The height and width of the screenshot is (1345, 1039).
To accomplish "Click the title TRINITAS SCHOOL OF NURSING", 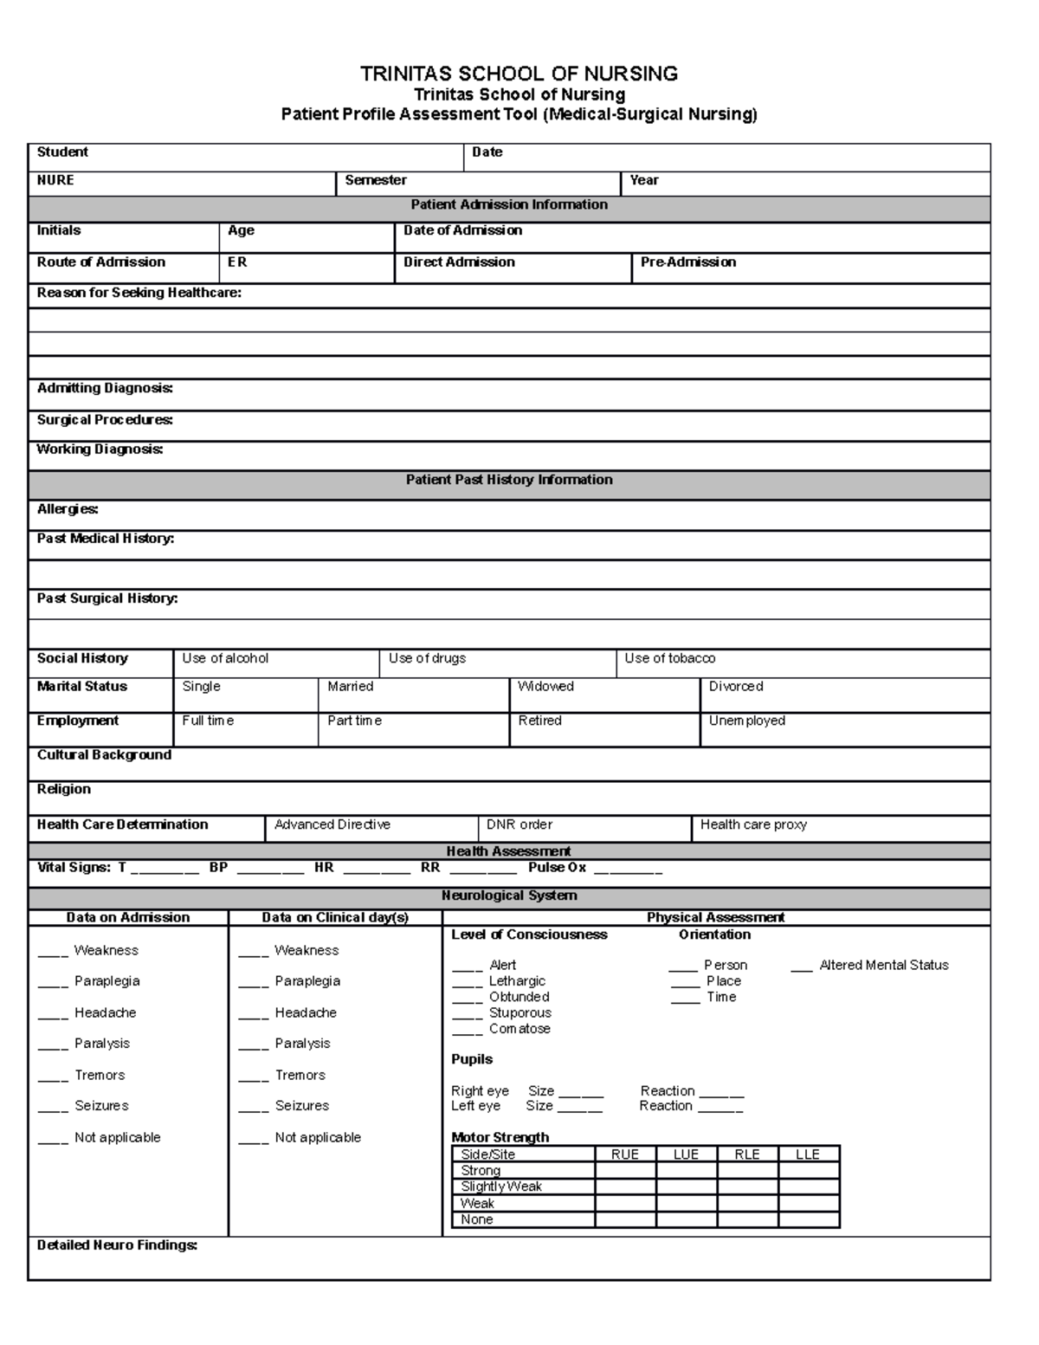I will [x=519, y=74].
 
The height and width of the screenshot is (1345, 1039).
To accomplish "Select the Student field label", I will [x=62, y=152].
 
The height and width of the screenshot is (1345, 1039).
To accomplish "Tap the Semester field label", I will [x=376, y=180].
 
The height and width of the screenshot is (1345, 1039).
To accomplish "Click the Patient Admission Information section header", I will [x=509, y=205].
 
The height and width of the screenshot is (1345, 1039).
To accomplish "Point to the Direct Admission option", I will [x=459, y=262].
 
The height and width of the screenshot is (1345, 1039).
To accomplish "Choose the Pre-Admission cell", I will [x=688, y=262].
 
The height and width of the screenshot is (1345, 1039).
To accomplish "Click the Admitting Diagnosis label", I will [x=105, y=389].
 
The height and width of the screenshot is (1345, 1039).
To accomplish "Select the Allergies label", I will [x=68, y=510].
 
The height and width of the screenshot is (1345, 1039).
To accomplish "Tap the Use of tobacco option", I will [x=669, y=659].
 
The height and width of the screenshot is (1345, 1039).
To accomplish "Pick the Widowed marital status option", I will [x=545, y=687].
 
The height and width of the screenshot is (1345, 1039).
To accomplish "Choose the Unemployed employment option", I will [x=746, y=721].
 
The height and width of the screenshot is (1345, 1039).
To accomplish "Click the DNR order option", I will [x=519, y=825].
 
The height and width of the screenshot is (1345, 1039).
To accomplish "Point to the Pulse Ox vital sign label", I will [x=557, y=868].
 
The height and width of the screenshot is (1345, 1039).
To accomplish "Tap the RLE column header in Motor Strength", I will [x=746, y=1154].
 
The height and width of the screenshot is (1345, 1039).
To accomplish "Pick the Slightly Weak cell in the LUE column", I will [x=686, y=1187].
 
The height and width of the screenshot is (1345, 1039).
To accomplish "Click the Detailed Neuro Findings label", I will [x=117, y=1245].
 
